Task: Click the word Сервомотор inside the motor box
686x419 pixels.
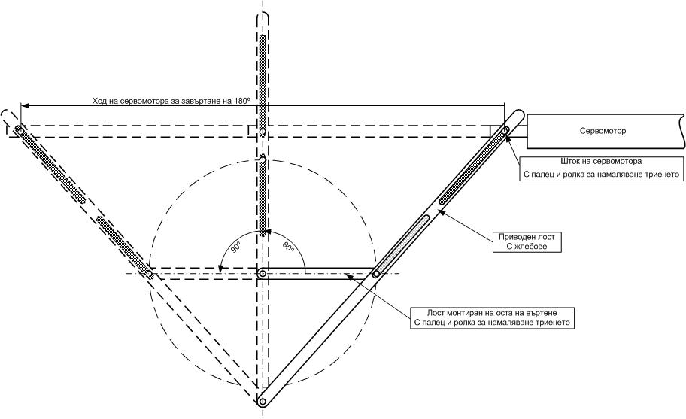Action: click(x=603, y=131)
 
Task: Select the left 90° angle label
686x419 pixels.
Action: click(x=235, y=247)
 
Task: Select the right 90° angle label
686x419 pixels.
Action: click(x=288, y=247)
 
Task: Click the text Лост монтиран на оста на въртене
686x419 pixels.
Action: click(x=493, y=311)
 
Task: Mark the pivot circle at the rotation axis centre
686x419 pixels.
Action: click(x=262, y=273)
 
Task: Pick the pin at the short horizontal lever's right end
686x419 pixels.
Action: click(x=375, y=273)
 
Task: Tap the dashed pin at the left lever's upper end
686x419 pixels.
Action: click(x=19, y=130)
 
